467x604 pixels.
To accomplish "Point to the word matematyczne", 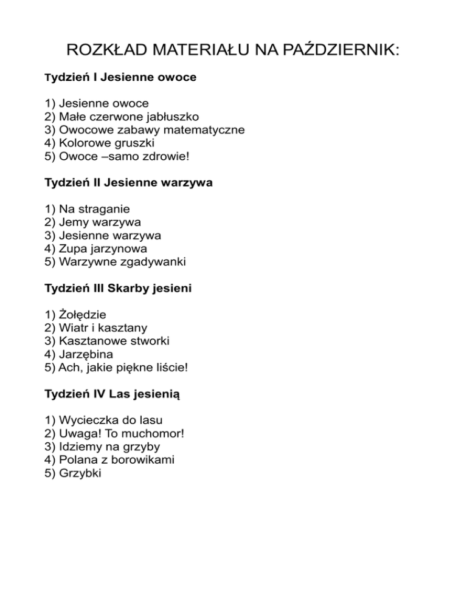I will coord(209,129).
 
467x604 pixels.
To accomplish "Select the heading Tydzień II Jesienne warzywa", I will coord(129,182).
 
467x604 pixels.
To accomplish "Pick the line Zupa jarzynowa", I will coord(96,249).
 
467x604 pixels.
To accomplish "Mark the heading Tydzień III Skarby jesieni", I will coord(119,288).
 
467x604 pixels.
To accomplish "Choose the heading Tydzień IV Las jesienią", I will coord(112,394).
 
